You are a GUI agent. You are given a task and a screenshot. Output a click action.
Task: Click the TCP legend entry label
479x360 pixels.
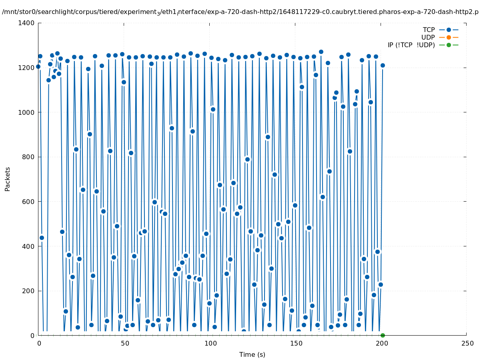click(429, 30)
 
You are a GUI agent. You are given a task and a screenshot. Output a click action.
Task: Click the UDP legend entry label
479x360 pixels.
click(428, 37)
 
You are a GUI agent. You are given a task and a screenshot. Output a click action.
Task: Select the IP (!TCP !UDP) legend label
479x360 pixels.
click(411, 45)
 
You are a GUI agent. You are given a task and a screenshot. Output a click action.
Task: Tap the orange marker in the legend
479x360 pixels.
click(449, 37)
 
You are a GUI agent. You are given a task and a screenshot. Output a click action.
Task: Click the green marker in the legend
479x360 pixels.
click(449, 45)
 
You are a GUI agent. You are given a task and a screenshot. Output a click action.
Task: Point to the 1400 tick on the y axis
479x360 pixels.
click(26, 23)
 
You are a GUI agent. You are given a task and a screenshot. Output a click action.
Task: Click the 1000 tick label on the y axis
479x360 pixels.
click(26, 112)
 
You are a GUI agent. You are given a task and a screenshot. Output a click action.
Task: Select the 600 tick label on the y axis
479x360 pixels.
click(28, 202)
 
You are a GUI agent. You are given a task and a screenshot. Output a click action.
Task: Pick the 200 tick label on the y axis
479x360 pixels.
click(28, 291)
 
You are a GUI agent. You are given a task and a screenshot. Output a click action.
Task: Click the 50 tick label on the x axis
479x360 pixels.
click(124, 343)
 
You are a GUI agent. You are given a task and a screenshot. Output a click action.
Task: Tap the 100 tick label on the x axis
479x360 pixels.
click(210, 343)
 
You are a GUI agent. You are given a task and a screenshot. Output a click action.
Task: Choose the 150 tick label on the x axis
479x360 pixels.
click(295, 343)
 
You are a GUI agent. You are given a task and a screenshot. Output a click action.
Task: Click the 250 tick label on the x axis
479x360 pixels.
click(467, 343)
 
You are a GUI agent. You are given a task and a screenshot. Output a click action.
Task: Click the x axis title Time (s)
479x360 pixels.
click(252, 354)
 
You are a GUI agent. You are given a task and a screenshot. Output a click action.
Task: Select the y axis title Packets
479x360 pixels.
click(8, 179)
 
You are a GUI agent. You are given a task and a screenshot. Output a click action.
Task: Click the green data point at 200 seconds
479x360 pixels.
click(383, 335)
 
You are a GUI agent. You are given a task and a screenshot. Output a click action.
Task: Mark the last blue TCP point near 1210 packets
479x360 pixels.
click(383, 65)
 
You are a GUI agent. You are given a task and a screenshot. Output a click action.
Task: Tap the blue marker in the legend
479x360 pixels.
click(449, 30)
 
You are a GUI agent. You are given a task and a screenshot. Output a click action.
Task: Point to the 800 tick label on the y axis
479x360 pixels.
click(28, 157)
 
